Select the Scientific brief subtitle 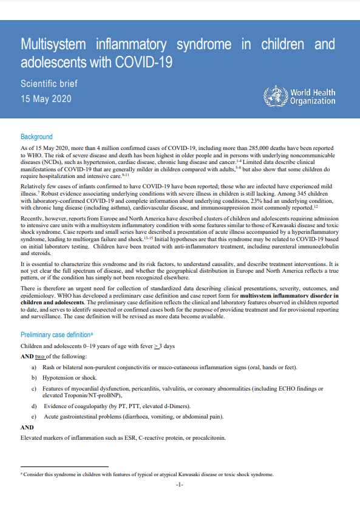(x=49, y=83)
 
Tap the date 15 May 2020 (x=46, y=98)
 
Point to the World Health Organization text (x=313, y=97)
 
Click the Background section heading (x=36, y=137)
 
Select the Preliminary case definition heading (x=64, y=335)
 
